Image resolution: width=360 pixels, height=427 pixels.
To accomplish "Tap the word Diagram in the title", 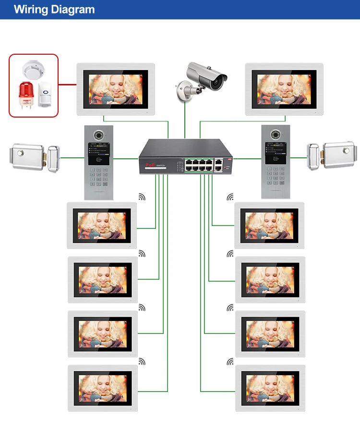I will coord(72,10).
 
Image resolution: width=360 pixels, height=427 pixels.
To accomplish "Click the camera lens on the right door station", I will coord(276,135).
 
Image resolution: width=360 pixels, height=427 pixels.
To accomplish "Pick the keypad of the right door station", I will coord(276,178).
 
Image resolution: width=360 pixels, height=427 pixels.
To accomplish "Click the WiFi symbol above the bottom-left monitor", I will coord(142,361).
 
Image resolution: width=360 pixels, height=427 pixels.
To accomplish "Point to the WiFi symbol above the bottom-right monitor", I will coord(230,361).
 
